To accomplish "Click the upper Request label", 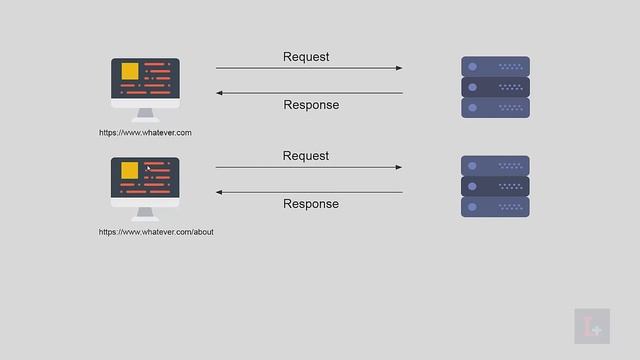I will [306, 57].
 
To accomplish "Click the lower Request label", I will [306, 156].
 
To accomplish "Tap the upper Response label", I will [311, 105].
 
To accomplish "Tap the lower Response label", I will [311, 204].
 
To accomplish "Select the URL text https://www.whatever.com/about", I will [156, 232].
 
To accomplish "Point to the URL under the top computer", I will [145, 132].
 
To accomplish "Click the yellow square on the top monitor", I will [129, 72].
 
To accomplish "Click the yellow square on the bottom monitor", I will [129, 171].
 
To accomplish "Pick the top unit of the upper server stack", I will [495, 67].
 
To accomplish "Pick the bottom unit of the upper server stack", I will [495, 107].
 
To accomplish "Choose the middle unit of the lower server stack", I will [495, 186].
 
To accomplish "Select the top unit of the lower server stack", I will [495, 166].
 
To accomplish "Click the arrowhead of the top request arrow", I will [399, 68].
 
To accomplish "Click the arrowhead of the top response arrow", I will [220, 93].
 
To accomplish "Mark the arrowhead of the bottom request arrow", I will [399, 167].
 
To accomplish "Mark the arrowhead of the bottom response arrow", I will [220, 192].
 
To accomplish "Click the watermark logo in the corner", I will [591, 327].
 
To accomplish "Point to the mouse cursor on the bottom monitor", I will [148, 168].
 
